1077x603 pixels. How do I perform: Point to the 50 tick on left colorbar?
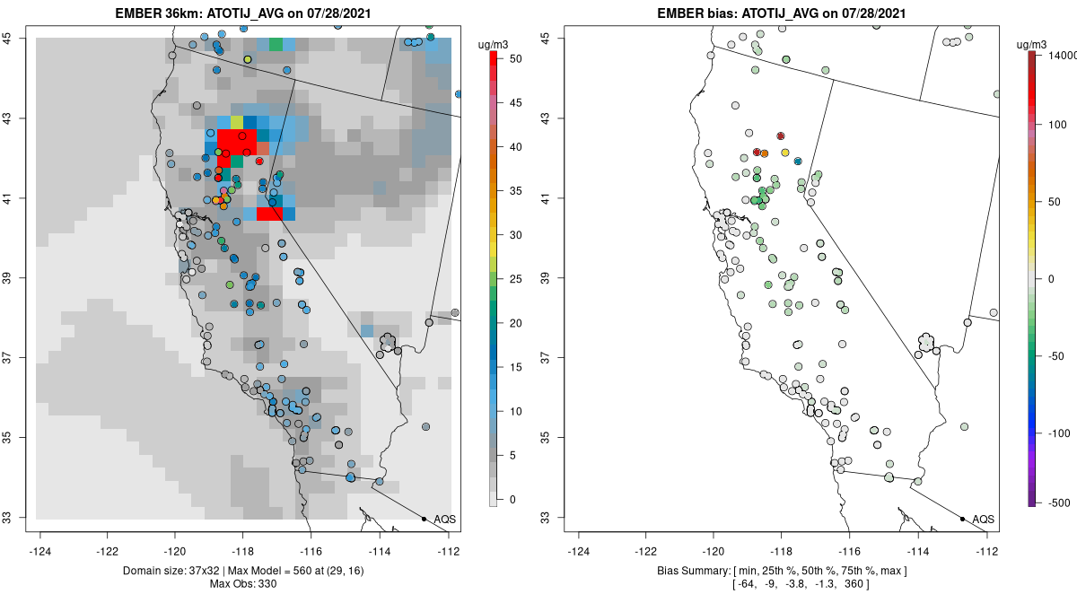click(515, 59)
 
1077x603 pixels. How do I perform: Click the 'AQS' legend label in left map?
click(445, 520)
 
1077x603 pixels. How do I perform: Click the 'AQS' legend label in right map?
click(984, 520)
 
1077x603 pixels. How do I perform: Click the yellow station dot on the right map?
click(785, 153)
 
